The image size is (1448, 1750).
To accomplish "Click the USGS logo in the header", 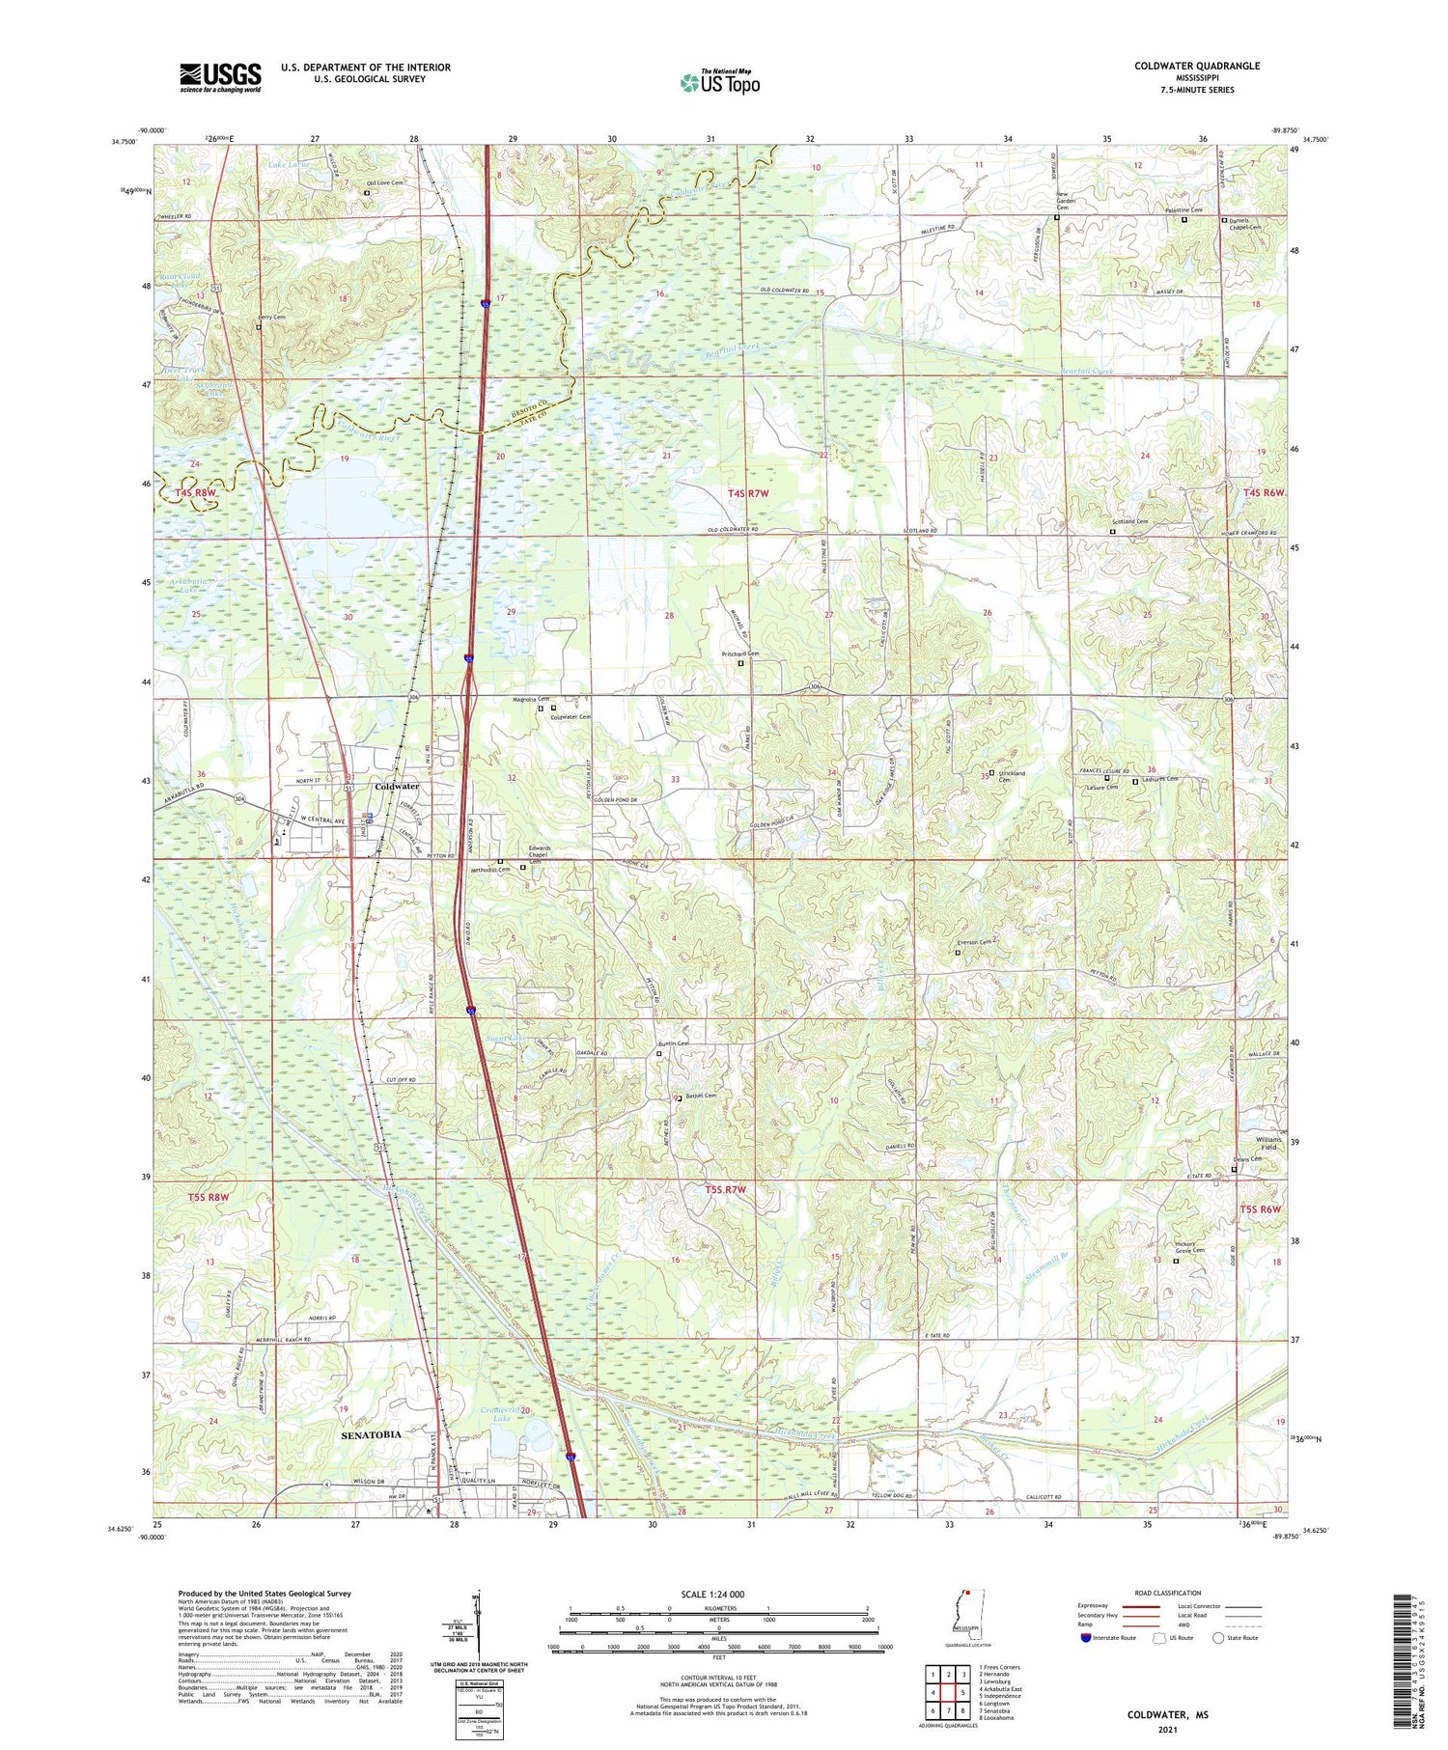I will [x=220, y=77].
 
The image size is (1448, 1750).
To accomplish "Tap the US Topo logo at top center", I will [x=719, y=82].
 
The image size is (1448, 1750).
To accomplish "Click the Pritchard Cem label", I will [x=740, y=653].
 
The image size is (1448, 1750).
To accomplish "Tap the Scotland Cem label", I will [x=1128, y=522].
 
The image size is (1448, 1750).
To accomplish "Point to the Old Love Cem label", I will [x=383, y=182].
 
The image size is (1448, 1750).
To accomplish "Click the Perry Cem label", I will [x=271, y=317].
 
